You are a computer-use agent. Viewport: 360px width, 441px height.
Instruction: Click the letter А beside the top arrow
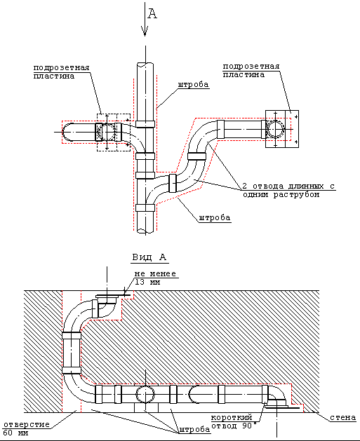click(x=152, y=13)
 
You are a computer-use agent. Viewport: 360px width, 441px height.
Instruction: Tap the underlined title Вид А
click(x=149, y=257)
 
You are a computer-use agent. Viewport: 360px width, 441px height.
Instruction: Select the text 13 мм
click(x=147, y=282)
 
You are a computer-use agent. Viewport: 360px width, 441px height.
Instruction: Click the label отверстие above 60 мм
click(x=27, y=424)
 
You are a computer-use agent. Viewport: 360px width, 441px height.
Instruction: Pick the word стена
click(x=343, y=417)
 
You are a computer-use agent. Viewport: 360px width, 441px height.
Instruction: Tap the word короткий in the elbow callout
click(x=232, y=417)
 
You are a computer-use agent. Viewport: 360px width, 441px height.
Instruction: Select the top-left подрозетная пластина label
click(x=61, y=72)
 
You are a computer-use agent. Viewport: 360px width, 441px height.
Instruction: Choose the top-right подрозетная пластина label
click(x=251, y=70)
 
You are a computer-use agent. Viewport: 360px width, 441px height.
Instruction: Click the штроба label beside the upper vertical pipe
click(x=194, y=84)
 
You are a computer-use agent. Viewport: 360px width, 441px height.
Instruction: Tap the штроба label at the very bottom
click(x=194, y=430)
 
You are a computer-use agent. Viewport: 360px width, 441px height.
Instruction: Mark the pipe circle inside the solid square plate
click(x=276, y=129)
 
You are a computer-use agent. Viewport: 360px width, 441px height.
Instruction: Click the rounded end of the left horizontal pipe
click(x=66, y=132)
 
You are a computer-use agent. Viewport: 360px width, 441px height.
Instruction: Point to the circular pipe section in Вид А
click(x=145, y=394)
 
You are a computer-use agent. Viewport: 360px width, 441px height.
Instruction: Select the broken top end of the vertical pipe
click(x=145, y=65)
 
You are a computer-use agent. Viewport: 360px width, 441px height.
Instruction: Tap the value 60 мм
click(x=15, y=433)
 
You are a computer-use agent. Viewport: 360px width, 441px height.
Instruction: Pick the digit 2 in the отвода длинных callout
click(x=245, y=186)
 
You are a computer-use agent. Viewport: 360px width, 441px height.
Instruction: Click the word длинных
click(x=305, y=186)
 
